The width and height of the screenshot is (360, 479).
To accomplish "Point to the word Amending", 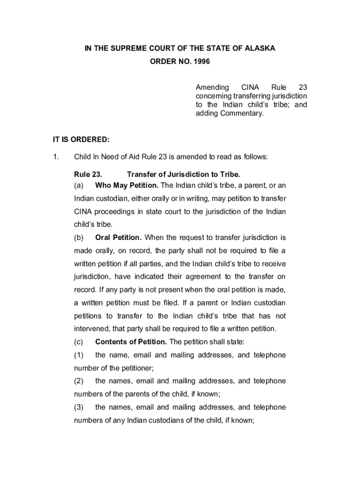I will pyautogui.click(x=212, y=87).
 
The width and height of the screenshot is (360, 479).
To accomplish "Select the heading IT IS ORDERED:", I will pyautogui.click(x=81, y=139).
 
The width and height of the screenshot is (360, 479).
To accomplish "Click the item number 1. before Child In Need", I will pyautogui.click(x=56, y=157).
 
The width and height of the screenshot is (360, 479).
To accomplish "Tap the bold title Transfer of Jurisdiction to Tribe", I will pyautogui.click(x=183, y=174).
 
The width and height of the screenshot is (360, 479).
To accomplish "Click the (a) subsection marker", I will pyautogui.click(x=79, y=185).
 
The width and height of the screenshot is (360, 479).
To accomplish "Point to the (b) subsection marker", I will pyautogui.click(x=79, y=238).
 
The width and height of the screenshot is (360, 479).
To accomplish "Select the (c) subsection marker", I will pyautogui.click(x=79, y=341).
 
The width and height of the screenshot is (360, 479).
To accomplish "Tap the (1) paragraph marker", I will pyautogui.click(x=79, y=355).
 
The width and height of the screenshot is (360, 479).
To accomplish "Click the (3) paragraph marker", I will pyautogui.click(x=79, y=407).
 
